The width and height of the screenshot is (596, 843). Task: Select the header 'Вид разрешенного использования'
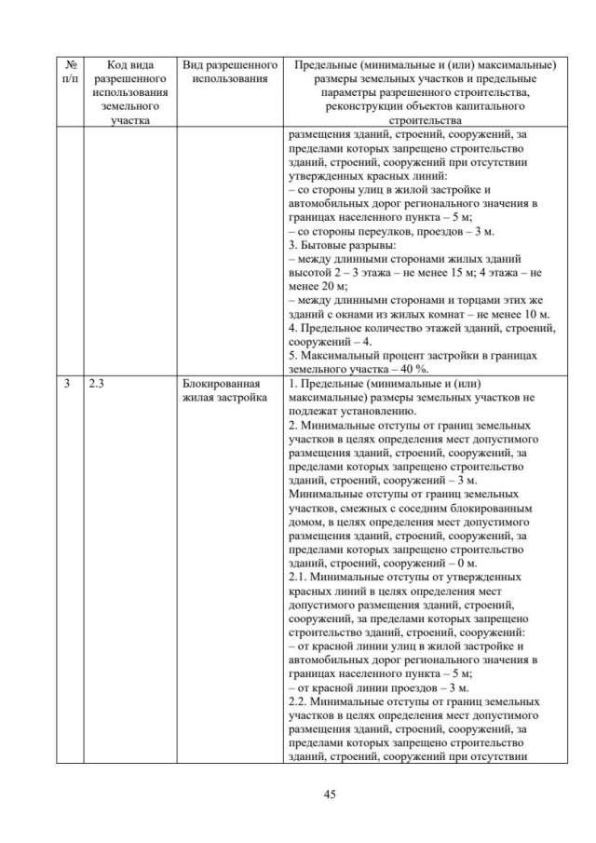tap(231, 72)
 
